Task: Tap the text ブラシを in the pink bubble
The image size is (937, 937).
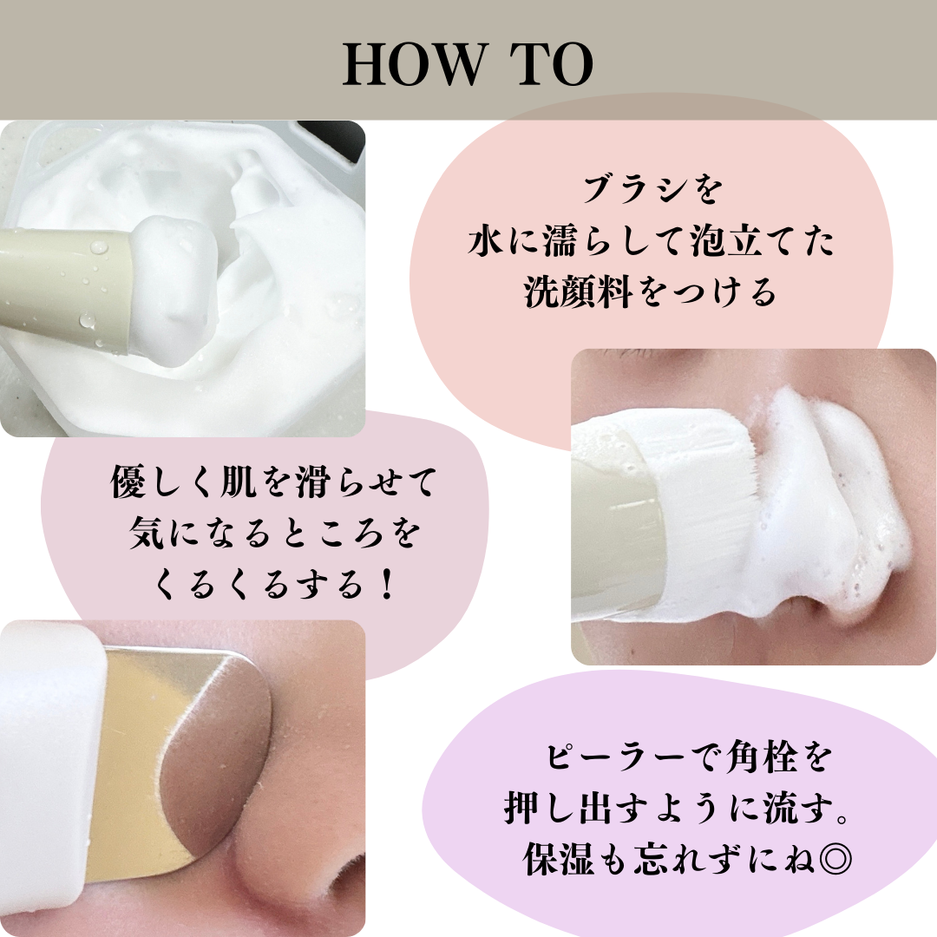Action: pos(652,190)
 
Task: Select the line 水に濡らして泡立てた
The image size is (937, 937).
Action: pos(651,241)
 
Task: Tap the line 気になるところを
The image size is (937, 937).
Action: pos(275,533)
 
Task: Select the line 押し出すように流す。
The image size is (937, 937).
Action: pos(678,809)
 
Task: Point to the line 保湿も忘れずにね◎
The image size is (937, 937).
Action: pos(687,860)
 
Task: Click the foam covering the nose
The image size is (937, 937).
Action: pos(830,508)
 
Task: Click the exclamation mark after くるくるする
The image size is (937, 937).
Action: pos(387,584)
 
